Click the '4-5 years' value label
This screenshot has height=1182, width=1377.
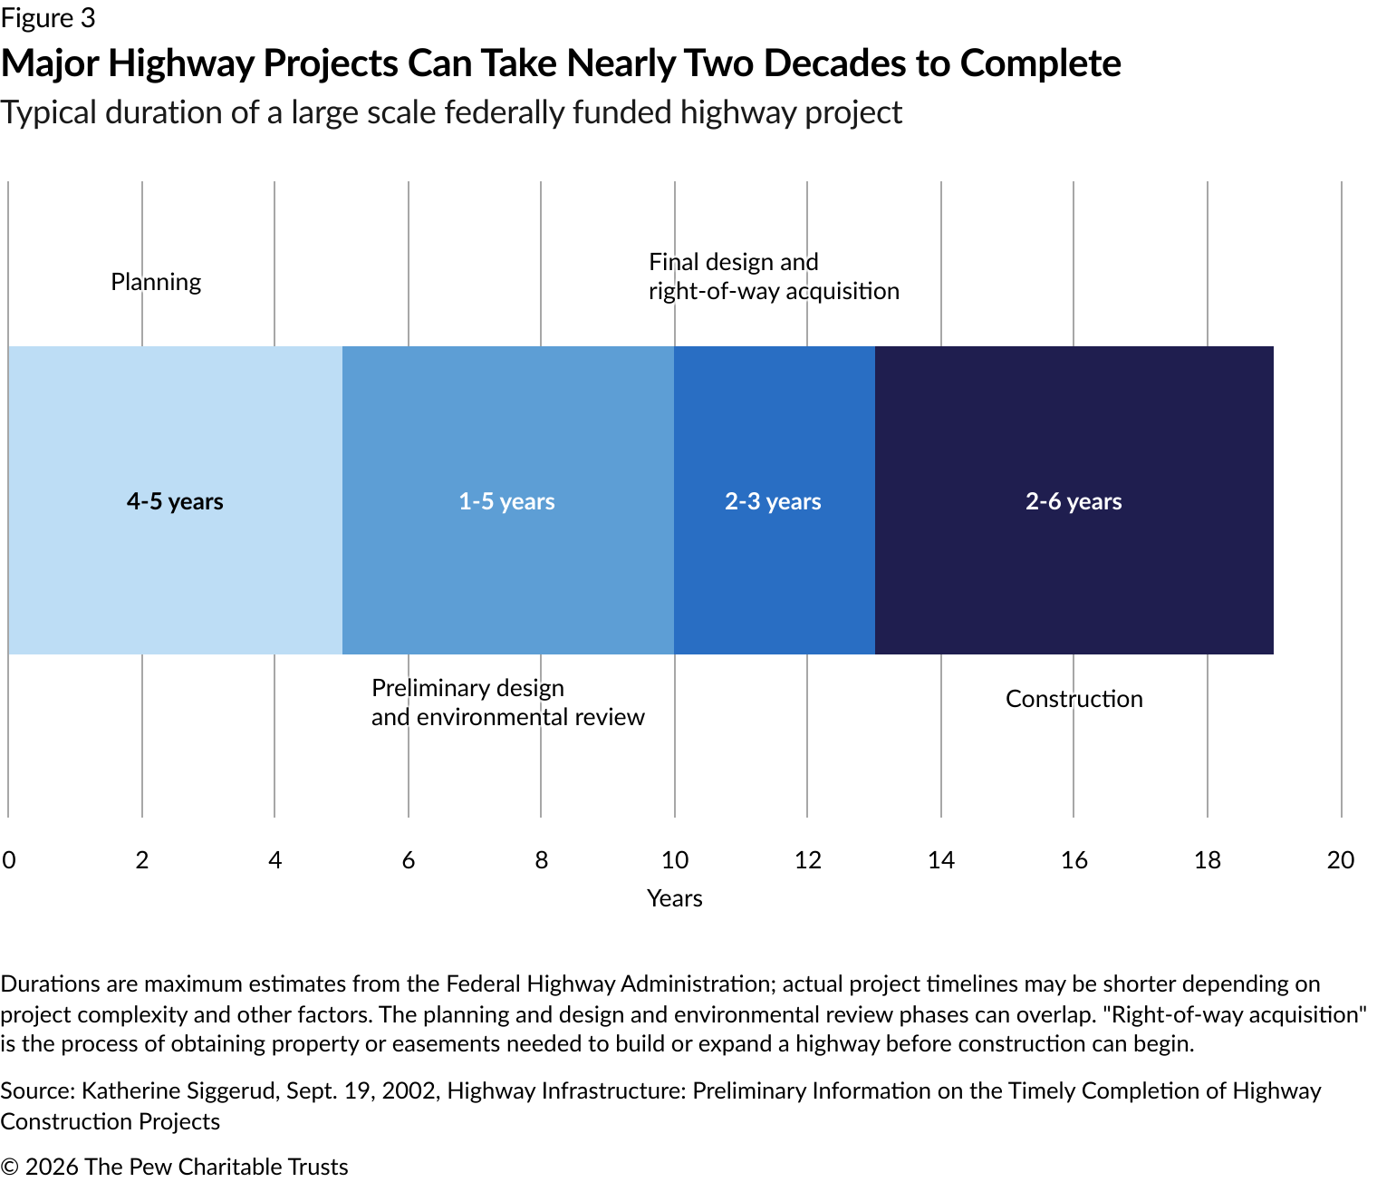pyautogui.click(x=175, y=501)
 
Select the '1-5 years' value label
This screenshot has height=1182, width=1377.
pyautogui.click(x=506, y=501)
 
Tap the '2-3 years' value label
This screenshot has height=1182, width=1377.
pyautogui.click(x=773, y=501)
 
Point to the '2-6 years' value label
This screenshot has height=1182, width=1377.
pyautogui.click(x=1074, y=501)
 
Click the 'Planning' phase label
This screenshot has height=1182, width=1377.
pyautogui.click(x=156, y=282)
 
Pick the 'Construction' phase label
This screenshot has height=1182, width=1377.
pyautogui.click(x=1074, y=699)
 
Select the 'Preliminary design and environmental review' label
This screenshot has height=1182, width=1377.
pyautogui.click(x=507, y=702)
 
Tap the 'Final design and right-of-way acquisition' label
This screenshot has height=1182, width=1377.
pyautogui.click(x=774, y=276)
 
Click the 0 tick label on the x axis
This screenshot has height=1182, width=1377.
pyautogui.click(x=9, y=860)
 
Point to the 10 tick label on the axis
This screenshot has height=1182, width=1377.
pyautogui.click(x=675, y=860)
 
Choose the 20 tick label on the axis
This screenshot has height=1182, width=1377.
pyautogui.click(x=1340, y=860)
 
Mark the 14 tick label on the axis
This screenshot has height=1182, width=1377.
pyautogui.click(x=941, y=860)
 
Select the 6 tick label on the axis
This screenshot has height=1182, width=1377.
pyautogui.click(x=409, y=860)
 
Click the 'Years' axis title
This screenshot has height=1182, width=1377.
pyautogui.click(x=675, y=898)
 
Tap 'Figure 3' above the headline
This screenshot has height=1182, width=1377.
pyautogui.click(x=48, y=18)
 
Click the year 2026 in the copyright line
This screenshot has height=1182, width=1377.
pyautogui.click(x=52, y=1167)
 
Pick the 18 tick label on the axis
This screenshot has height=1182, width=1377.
pyautogui.click(x=1207, y=860)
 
